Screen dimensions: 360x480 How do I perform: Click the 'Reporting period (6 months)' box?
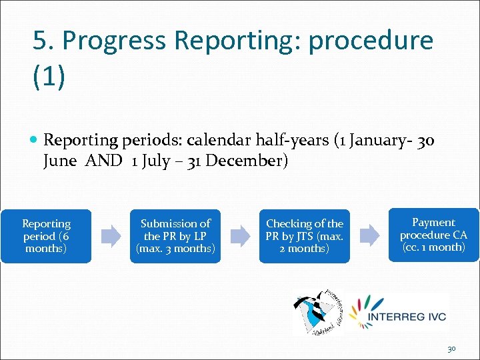(46, 236)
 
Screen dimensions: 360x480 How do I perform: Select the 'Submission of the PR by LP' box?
(175, 236)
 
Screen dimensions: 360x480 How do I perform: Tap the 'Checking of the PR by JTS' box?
(305, 236)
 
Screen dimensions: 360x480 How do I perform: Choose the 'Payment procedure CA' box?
(433, 235)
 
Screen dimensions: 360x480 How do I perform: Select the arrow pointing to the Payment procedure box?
(369, 235)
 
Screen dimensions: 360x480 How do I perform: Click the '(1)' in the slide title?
(49, 77)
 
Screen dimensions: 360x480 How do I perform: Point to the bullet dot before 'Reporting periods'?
(35, 140)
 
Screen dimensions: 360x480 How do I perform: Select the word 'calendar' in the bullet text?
(217, 140)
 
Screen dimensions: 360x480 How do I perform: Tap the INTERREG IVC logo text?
(408, 316)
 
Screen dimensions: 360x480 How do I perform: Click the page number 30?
(451, 349)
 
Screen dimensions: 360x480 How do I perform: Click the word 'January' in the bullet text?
(383, 140)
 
